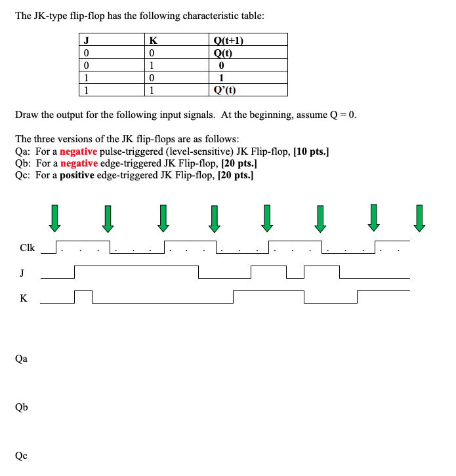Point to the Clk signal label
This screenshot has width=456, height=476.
pos(28,248)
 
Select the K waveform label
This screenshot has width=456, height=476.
pos(23,298)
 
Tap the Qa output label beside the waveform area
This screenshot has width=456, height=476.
pos(22,359)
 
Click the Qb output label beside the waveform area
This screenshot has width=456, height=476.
pos(22,407)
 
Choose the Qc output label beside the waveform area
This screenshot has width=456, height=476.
pos(22,455)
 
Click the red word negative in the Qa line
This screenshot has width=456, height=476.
pos(79,151)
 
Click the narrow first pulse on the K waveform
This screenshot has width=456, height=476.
pos(83,296)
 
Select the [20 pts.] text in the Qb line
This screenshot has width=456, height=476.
pos(238,163)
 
